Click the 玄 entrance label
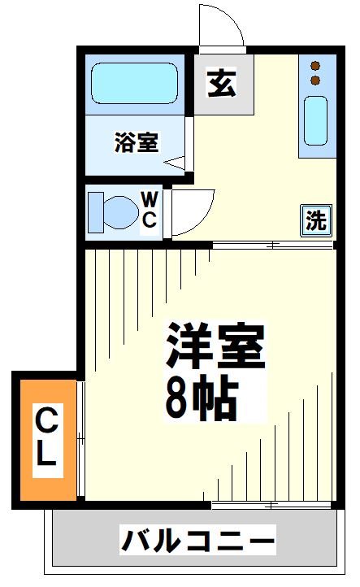pyautogui.click(x=222, y=83)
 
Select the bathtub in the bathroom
pyautogui.click(x=135, y=82)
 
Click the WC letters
pyautogui.click(x=150, y=210)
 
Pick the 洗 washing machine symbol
pyautogui.click(x=317, y=220)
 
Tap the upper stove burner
pyautogui.click(x=315, y=65)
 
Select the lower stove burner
pyautogui.click(x=315, y=80)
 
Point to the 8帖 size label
pyautogui.click(x=201, y=398)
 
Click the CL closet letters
pyautogui.click(x=46, y=437)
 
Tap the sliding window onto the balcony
pyautogui.click(x=271, y=506)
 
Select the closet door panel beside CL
pyautogui.click(x=81, y=439)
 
